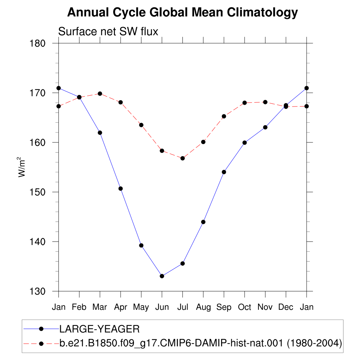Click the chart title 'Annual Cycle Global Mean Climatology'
[182, 12]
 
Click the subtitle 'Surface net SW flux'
[108, 31]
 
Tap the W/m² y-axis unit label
[21, 167]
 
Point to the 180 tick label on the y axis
[38, 43]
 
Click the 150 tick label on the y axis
[38, 192]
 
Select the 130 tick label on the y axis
[38, 291]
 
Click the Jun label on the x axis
[162, 307]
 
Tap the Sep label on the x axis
[224, 307]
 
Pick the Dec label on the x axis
[286, 307]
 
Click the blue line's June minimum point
[162, 276]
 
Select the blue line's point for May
[141, 245]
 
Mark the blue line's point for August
[203, 222]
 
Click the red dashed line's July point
[182, 158]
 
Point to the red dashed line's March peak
[100, 94]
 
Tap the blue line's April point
[121, 189]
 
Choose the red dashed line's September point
[224, 116]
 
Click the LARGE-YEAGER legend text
[99, 329]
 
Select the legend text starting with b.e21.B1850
[201, 343]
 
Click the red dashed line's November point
[265, 102]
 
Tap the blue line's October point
[245, 143]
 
